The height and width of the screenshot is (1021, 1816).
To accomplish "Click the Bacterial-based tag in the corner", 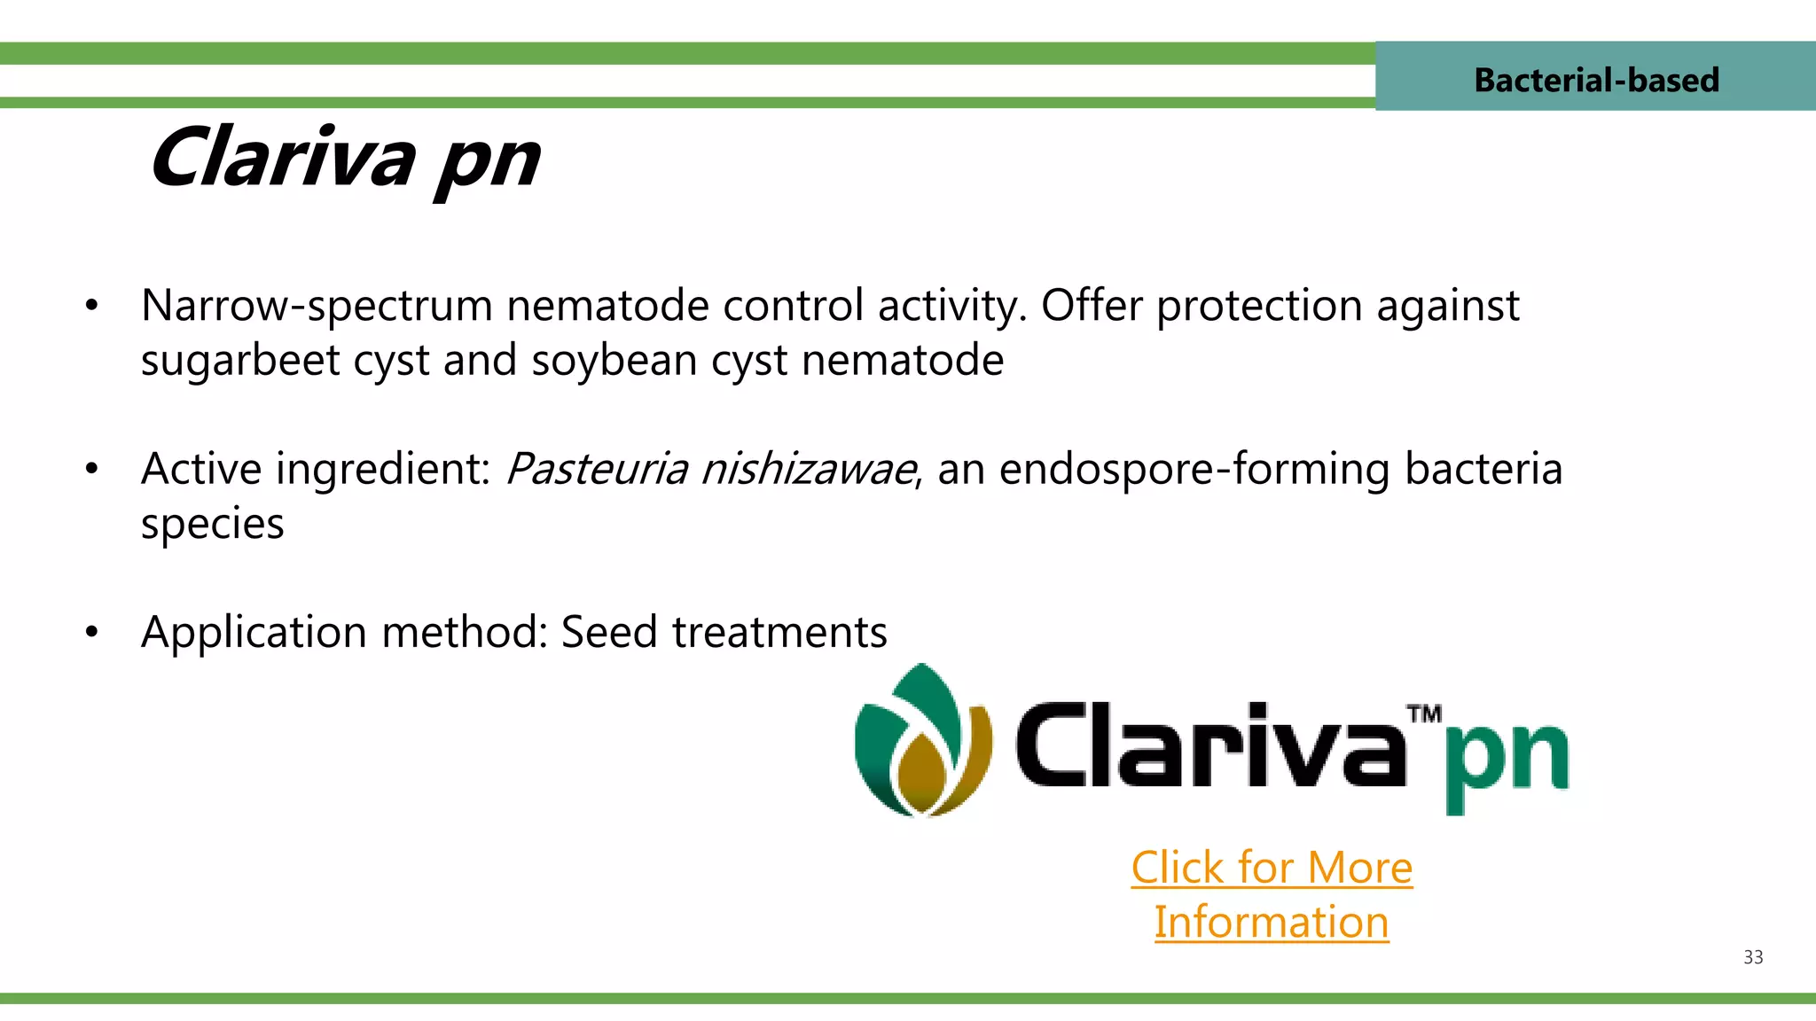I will click(1595, 80).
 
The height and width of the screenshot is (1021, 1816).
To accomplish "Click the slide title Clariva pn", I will click(344, 160).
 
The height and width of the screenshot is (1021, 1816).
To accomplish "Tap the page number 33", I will click(1752, 957).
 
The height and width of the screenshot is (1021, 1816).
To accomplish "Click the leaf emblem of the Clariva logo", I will click(922, 743).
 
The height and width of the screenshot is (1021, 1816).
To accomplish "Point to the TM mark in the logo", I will click(1423, 714).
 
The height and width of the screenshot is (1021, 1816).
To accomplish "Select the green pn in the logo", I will click(1506, 760).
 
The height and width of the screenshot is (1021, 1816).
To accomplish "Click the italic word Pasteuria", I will click(596, 470).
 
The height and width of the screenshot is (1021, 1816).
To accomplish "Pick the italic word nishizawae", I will click(808, 470).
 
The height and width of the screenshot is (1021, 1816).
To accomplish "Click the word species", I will click(213, 525).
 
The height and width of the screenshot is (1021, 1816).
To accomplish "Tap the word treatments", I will click(779, 633).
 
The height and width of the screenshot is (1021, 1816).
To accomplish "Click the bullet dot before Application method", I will click(91, 633).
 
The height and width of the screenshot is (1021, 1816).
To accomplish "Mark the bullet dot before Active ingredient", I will click(91, 470).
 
